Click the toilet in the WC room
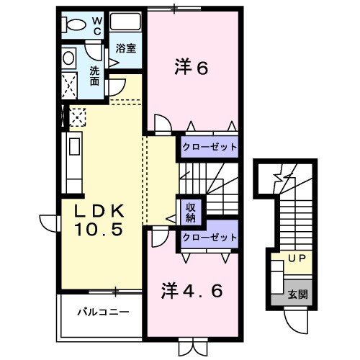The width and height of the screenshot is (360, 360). pyautogui.click(x=73, y=25)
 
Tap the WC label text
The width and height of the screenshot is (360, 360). pyautogui.click(x=96, y=27)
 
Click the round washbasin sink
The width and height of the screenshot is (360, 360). pyautogui.click(x=69, y=58)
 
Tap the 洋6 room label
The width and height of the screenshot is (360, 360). pyautogui.click(x=192, y=68)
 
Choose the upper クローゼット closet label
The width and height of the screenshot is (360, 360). pyautogui.click(x=210, y=147)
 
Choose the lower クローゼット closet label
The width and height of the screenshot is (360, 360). pyautogui.click(x=210, y=238)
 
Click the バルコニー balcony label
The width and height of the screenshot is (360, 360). pyautogui.click(x=104, y=312)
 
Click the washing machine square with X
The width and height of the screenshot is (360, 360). pyautogui.click(x=72, y=85)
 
